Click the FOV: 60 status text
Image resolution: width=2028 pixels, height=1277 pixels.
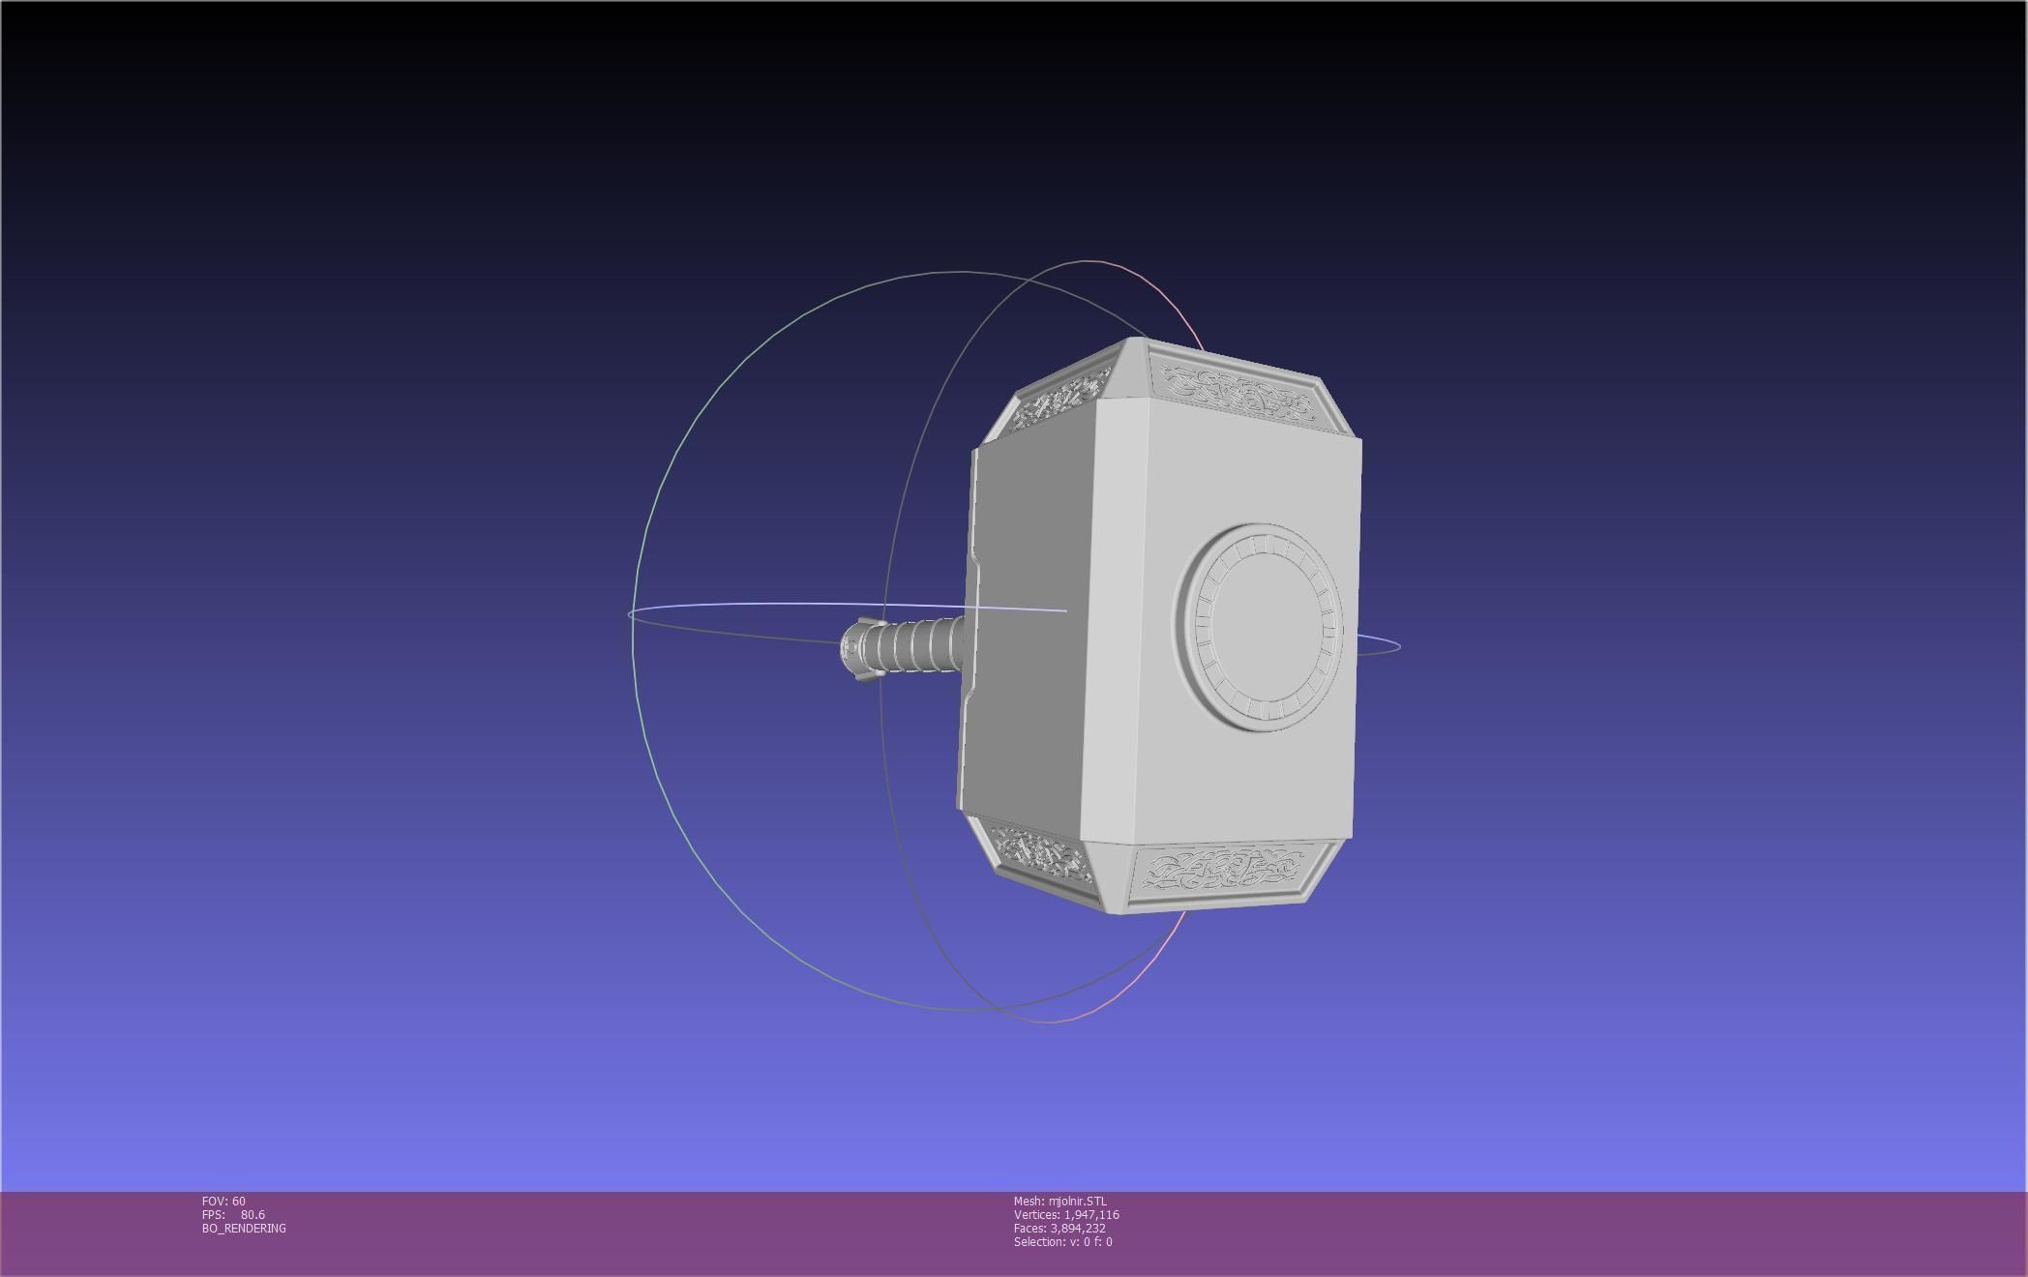point(224,1202)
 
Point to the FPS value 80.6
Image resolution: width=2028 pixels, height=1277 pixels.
point(253,1215)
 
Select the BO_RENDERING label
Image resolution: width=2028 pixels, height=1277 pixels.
point(244,1229)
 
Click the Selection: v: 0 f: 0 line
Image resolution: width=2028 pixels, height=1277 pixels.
point(1062,1242)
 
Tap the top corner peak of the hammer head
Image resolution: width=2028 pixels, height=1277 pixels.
point(1133,341)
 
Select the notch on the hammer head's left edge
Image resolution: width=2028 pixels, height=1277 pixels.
point(977,561)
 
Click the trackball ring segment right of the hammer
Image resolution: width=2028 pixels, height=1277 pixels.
point(1379,646)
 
